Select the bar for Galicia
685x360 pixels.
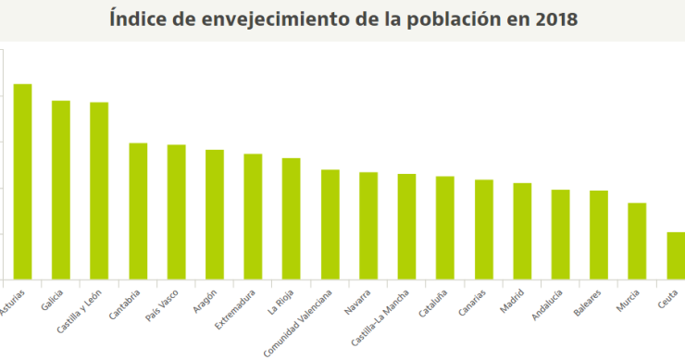[x=61, y=190]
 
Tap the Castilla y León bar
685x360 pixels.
[x=99, y=191]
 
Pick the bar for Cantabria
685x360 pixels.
[x=138, y=211]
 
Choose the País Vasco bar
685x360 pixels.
[x=176, y=212]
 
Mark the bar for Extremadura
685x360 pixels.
[x=253, y=217]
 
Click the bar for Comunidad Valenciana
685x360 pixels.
[x=330, y=224]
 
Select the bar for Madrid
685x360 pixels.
[x=522, y=231]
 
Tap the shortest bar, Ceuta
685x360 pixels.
[x=676, y=255]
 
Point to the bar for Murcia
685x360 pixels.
[x=637, y=241]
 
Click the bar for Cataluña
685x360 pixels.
[x=445, y=228]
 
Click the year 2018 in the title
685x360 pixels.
[x=554, y=19]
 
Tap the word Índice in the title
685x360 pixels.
[x=135, y=19]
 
